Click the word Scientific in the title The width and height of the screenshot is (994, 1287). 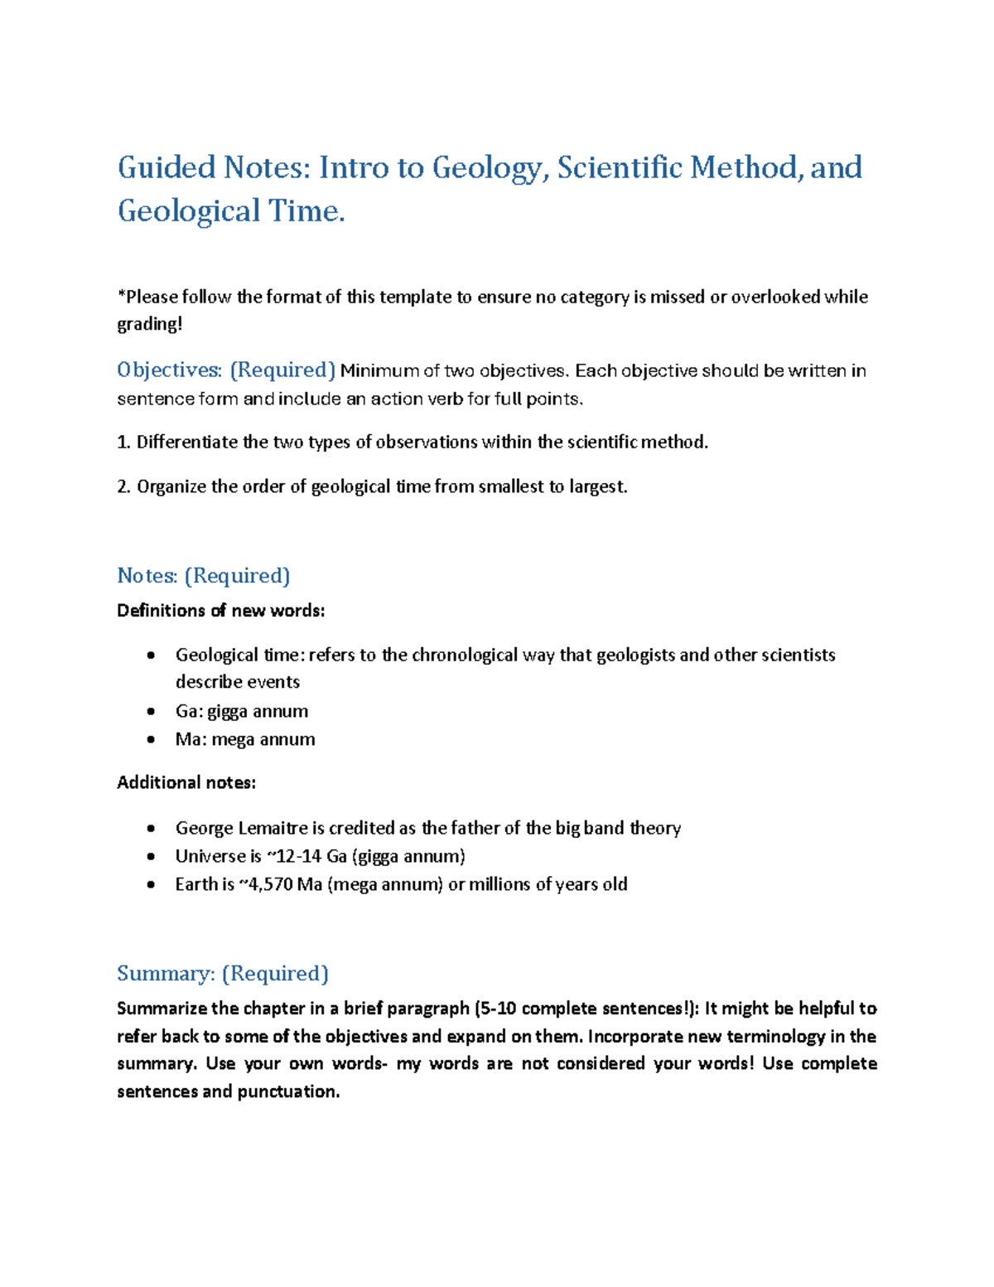[620, 168]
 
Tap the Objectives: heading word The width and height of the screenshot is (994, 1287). [169, 370]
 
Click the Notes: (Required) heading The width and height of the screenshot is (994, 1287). [204, 575]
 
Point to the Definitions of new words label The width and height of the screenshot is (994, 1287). [221, 611]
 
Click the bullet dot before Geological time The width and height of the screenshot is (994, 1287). [150, 656]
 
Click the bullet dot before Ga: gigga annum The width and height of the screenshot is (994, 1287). [150, 712]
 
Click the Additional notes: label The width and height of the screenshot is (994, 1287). [186, 782]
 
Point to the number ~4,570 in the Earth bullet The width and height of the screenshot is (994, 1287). [266, 884]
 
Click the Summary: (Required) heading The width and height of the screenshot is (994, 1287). [223, 973]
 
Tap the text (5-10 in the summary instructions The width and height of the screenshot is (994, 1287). [495, 1009]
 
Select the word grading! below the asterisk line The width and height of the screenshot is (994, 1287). [149, 324]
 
